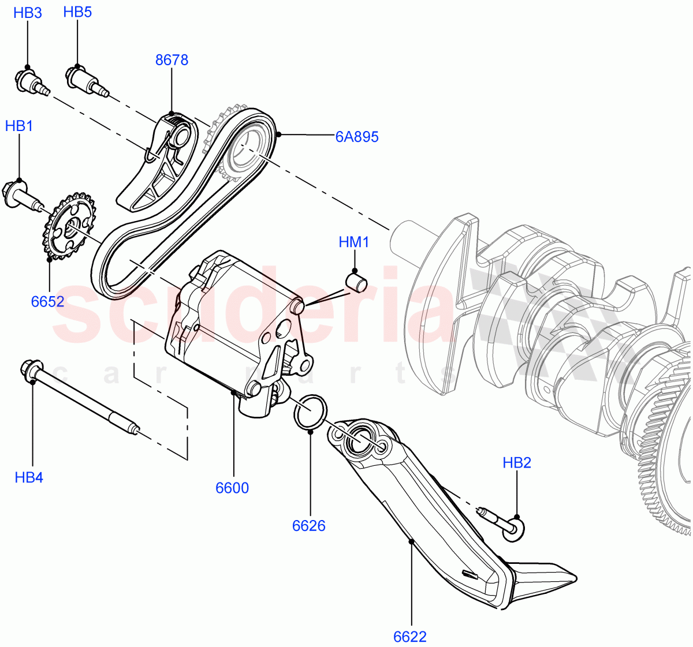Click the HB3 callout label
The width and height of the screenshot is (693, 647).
tap(28, 13)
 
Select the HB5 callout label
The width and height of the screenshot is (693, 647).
tap(77, 12)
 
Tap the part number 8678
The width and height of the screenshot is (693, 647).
tap(172, 60)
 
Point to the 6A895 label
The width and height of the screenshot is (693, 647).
tap(357, 137)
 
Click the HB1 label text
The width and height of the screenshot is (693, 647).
tap(19, 126)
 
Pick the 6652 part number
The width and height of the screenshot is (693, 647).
tap(48, 301)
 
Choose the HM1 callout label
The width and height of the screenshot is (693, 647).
tap(354, 242)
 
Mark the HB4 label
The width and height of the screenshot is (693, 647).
tap(29, 477)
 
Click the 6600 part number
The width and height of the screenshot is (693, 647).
tap(232, 488)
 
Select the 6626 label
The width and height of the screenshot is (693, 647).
tap(309, 525)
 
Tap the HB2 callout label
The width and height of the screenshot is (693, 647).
tap(517, 462)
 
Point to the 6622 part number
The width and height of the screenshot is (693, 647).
tap(410, 637)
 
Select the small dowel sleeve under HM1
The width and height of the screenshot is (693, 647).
tap(357, 282)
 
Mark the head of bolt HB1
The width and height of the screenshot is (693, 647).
tap(15, 192)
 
